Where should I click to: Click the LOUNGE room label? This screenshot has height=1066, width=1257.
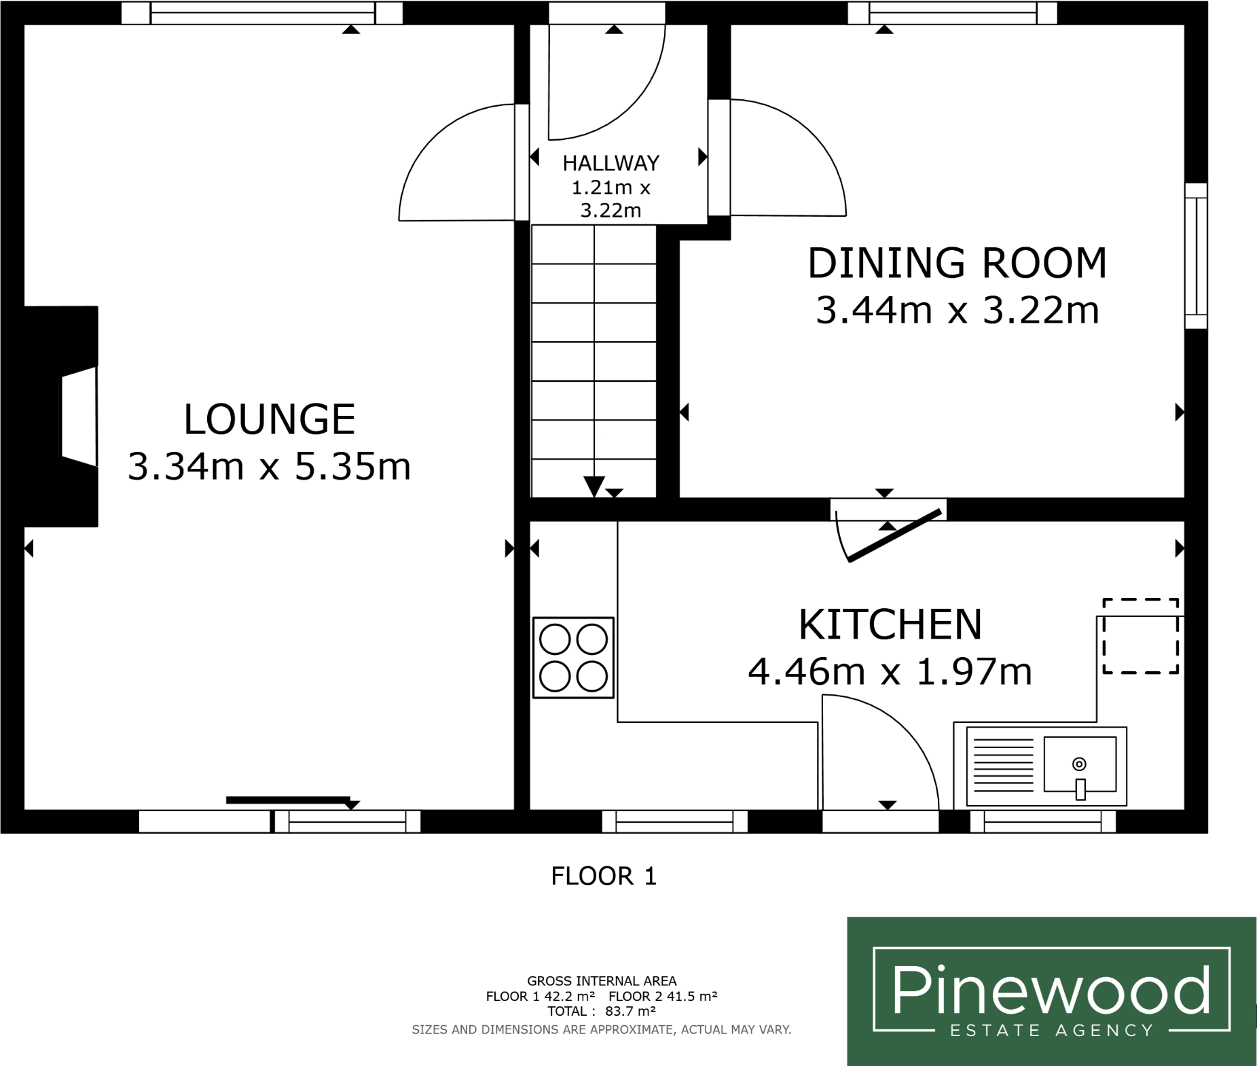click(x=269, y=419)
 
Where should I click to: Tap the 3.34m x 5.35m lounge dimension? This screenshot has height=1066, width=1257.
click(x=269, y=467)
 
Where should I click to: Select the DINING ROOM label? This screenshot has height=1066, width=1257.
click(x=957, y=264)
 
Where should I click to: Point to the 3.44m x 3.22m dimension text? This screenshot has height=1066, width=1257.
click(x=957, y=310)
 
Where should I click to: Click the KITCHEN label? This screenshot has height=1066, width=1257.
click(x=890, y=625)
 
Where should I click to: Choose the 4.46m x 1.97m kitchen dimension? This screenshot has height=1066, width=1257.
click(x=890, y=672)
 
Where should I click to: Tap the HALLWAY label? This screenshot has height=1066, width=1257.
click(x=611, y=163)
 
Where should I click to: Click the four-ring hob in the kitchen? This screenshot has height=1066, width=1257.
click(x=573, y=658)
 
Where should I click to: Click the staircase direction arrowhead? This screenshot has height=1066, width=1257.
click(x=594, y=486)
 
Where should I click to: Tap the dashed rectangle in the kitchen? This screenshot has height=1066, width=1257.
click(x=1140, y=636)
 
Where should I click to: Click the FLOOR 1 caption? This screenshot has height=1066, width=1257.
click(x=603, y=876)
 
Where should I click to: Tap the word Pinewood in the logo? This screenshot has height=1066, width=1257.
click(x=1051, y=990)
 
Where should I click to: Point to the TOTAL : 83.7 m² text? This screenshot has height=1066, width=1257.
click(x=601, y=1011)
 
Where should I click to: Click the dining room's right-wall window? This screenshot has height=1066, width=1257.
click(x=1195, y=256)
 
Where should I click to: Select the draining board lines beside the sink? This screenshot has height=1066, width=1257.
click(x=1003, y=765)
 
